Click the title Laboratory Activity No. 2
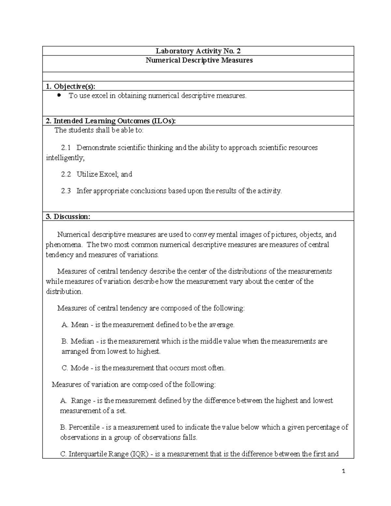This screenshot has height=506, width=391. [198, 51]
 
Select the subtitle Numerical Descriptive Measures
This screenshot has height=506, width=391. [199, 60]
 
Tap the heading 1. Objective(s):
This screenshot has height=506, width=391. [71, 86]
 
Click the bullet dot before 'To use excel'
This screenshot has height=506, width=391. [59, 95]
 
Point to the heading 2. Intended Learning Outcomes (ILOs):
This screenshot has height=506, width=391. [110, 121]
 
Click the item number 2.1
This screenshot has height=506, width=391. [66, 148]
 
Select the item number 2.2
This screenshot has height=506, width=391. [66, 174]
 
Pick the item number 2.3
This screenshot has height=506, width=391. [66, 191]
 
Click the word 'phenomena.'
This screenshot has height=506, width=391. [64, 245]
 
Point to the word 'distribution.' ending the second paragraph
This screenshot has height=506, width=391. [64, 292]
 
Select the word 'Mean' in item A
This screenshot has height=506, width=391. [80, 325]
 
